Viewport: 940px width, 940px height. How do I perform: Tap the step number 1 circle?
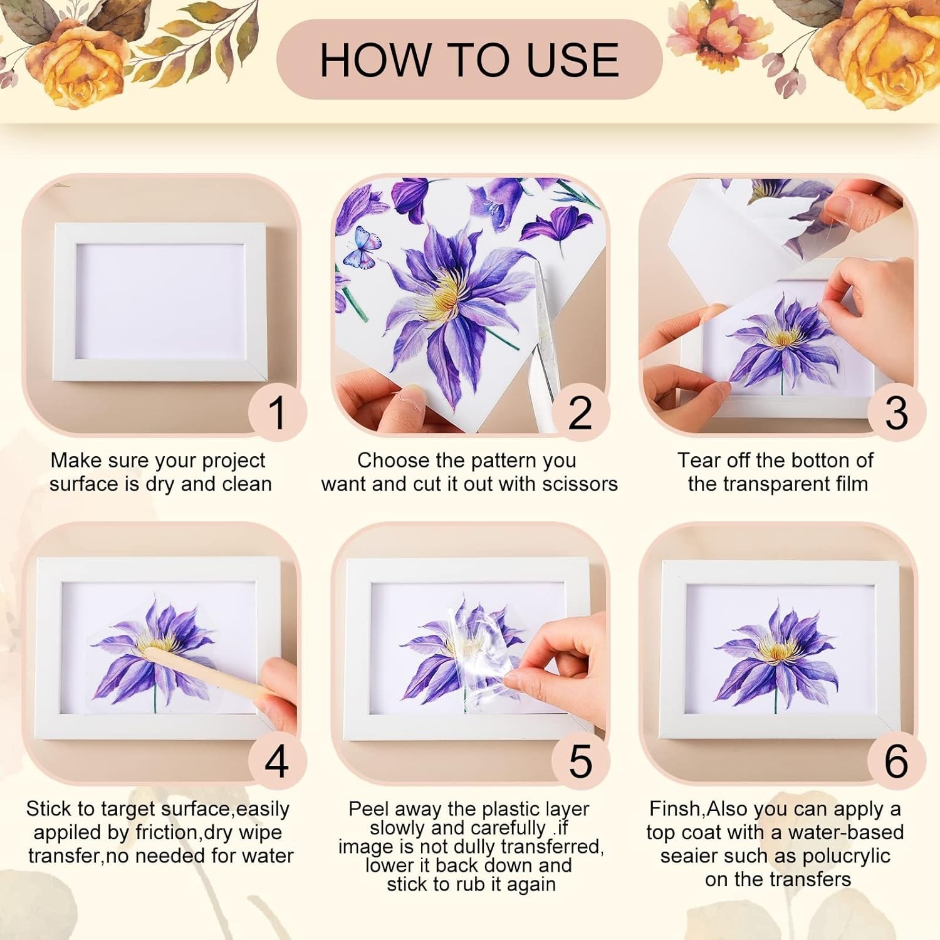276,412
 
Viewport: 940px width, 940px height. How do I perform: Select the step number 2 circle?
580,412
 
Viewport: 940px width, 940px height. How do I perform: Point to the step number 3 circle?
897,412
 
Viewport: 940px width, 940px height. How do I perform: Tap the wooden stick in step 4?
207,674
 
